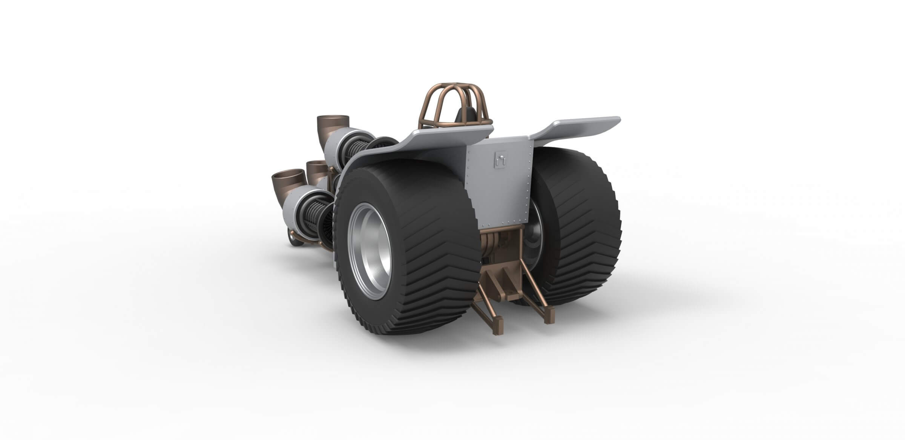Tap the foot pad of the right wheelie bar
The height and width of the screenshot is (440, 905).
[x=549, y=321]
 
